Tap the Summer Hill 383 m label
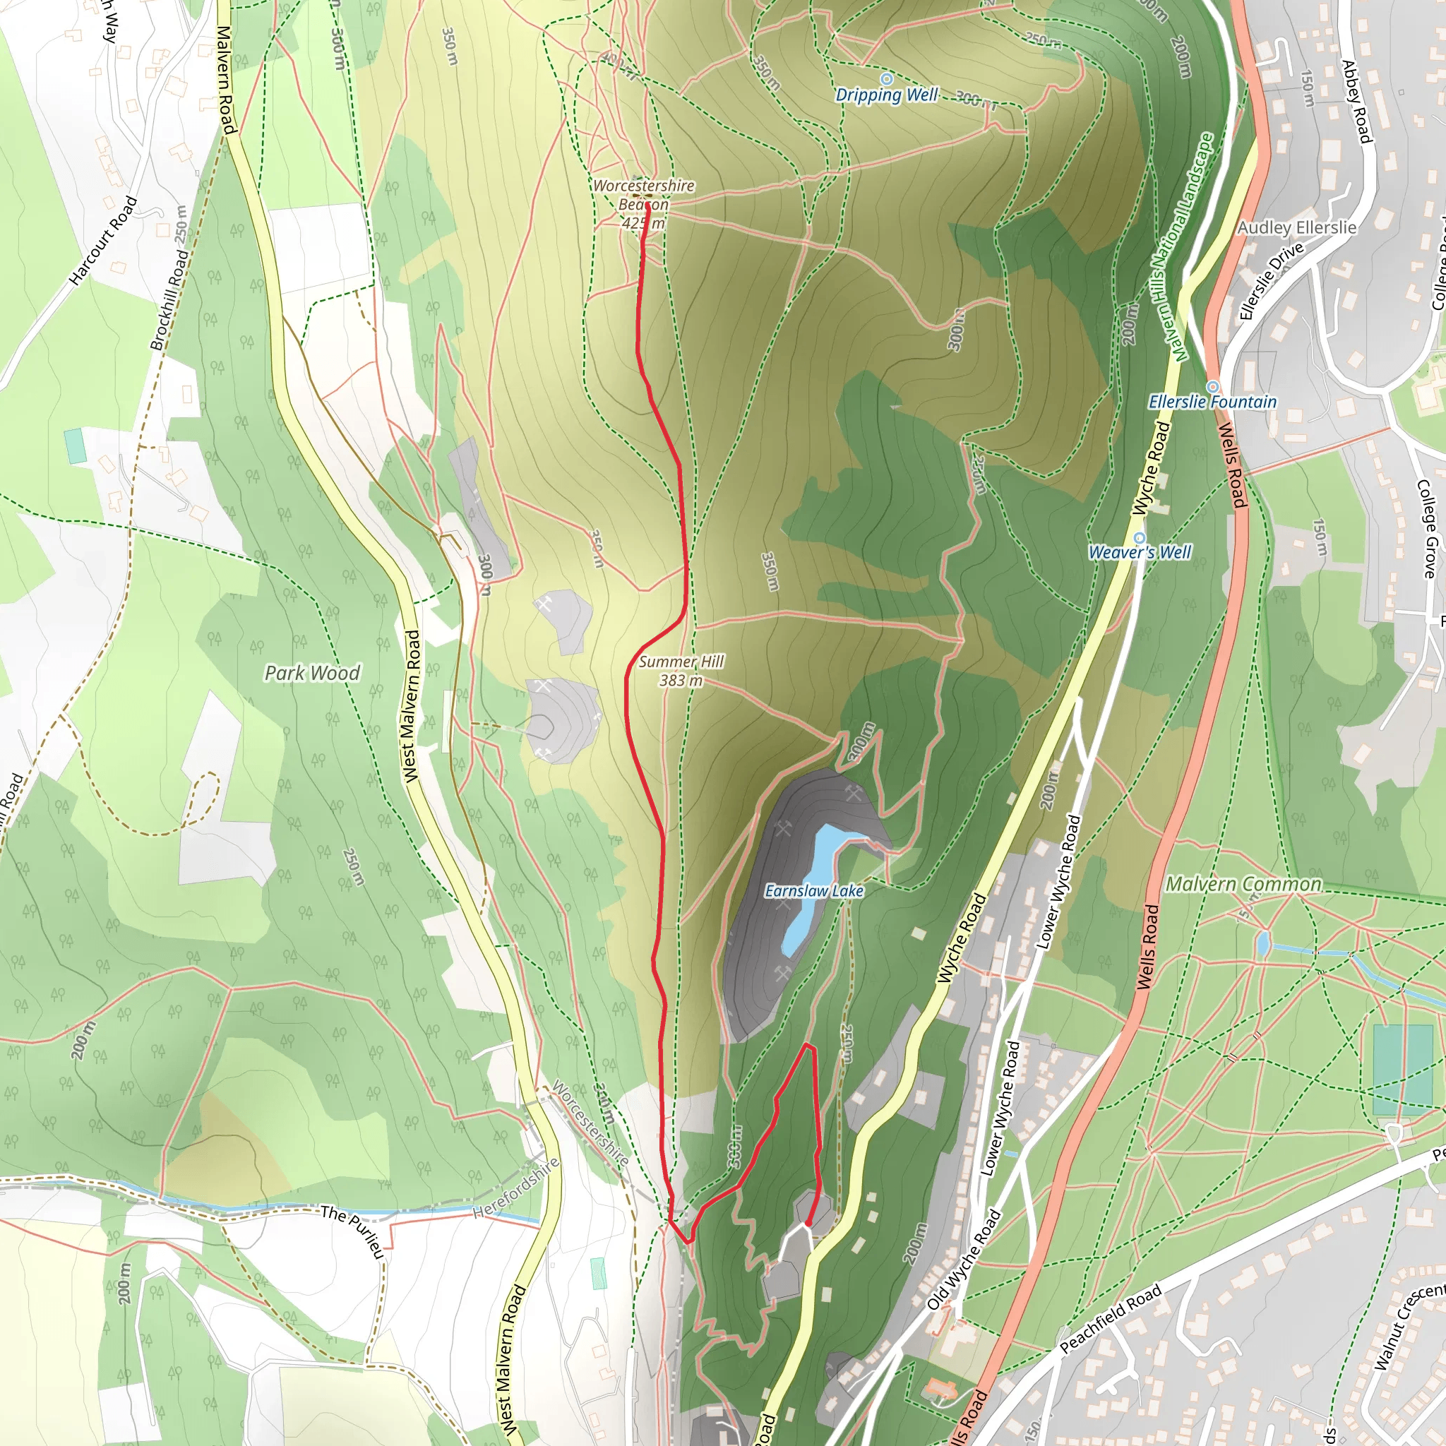click(x=681, y=671)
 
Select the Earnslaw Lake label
click(x=813, y=890)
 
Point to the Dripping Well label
click(x=887, y=95)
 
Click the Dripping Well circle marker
click(x=886, y=78)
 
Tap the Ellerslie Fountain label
click(x=1212, y=402)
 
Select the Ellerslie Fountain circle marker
click(x=1213, y=386)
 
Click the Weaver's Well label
click(x=1139, y=552)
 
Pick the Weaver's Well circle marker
click(x=1139, y=537)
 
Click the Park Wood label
click(x=312, y=673)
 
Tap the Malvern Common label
click(x=1244, y=884)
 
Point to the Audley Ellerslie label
click(x=1296, y=227)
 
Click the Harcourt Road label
click(x=103, y=241)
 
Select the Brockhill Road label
click(x=170, y=299)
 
